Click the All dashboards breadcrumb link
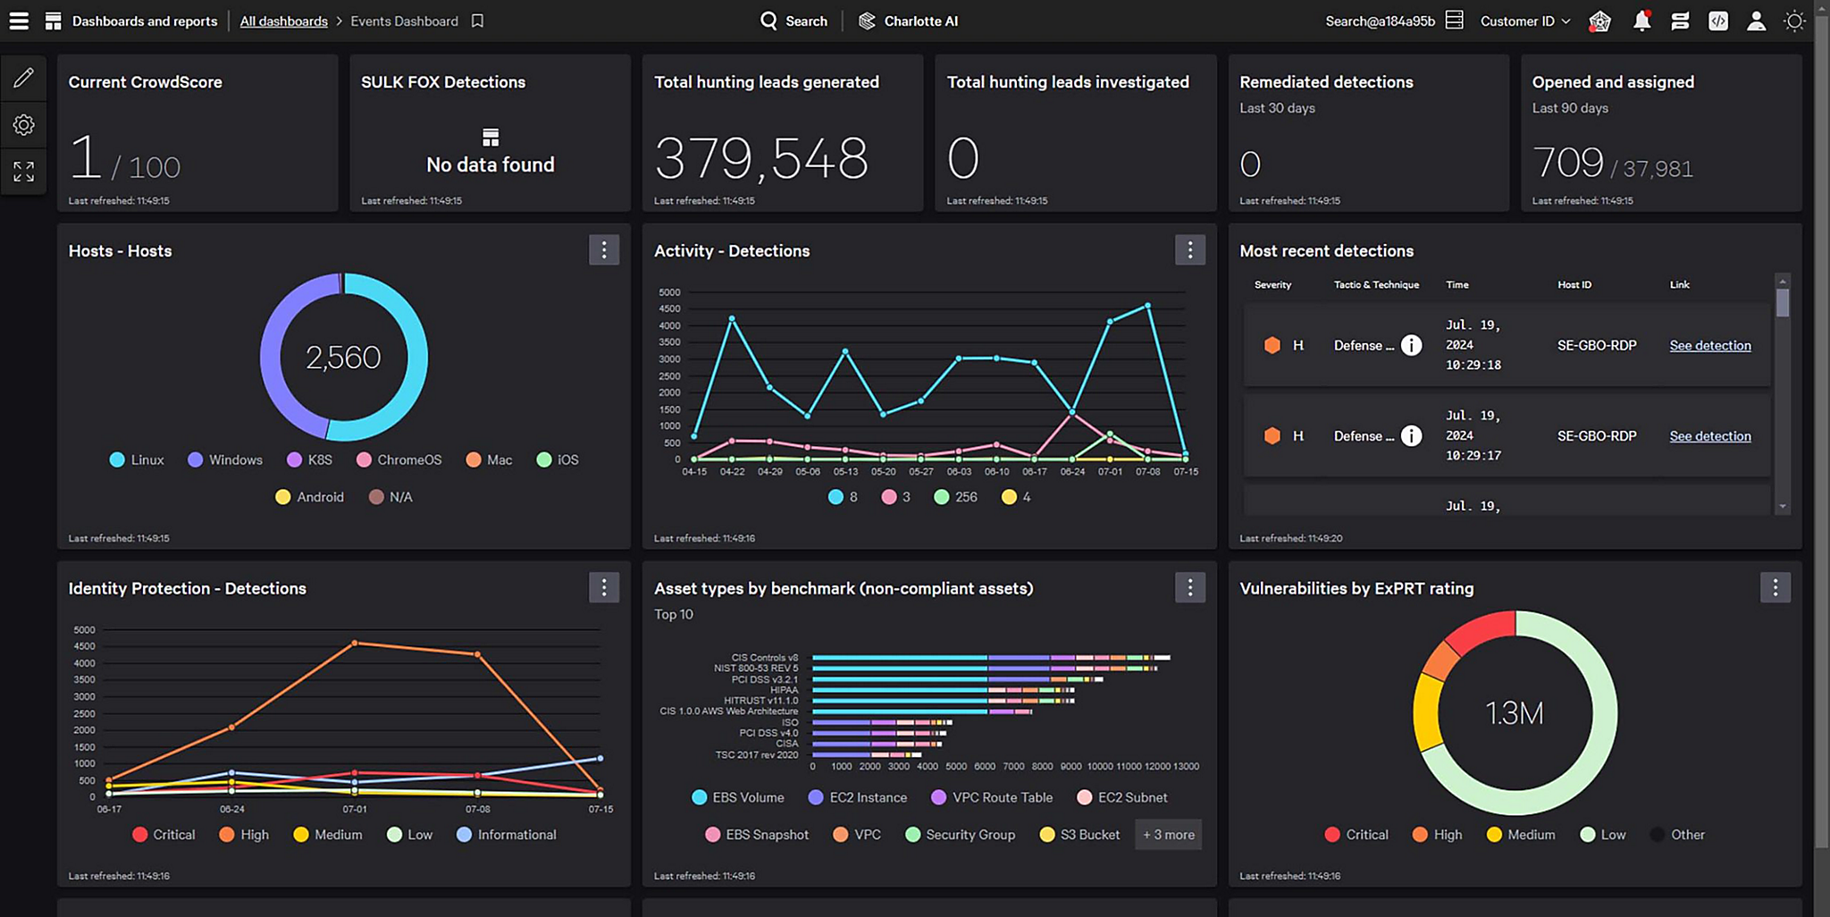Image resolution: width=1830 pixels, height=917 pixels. tap(283, 21)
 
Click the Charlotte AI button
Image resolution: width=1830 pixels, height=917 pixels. tap(908, 21)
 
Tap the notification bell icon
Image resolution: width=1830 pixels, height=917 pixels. tap(1641, 21)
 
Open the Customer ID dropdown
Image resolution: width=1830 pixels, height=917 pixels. tap(1524, 21)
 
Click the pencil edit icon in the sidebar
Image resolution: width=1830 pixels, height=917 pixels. tap(24, 78)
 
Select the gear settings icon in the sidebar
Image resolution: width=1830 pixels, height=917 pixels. tap(24, 125)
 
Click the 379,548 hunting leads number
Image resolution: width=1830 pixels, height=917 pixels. tap(761, 159)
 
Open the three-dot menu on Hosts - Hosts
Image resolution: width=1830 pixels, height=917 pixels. tap(604, 250)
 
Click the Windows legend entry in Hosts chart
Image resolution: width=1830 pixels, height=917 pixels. tap(225, 460)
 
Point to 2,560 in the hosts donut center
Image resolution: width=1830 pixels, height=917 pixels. tap(343, 358)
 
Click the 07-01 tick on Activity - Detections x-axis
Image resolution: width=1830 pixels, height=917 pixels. tap(1110, 472)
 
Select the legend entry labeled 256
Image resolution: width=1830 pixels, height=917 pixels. tap(955, 497)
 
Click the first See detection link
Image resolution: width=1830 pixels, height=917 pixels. tap(1709, 346)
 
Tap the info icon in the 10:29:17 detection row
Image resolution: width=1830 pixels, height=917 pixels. tap(1411, 436)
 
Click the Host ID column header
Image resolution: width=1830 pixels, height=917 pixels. tap(1574, 285)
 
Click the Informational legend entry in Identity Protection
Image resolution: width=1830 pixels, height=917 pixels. tap(507, 835)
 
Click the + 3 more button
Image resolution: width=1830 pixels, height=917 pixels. tap(1168, 835)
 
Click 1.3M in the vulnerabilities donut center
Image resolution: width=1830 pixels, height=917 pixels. tap(1514, 713)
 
